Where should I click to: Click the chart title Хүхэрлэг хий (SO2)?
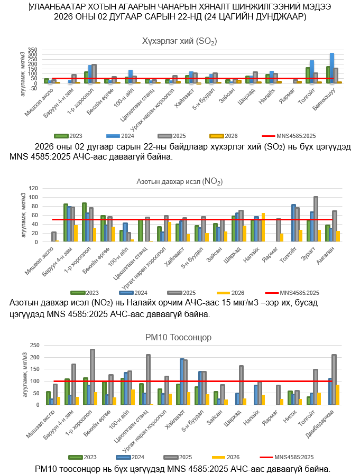coord(180,41)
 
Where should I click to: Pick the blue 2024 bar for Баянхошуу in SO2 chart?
coord(331,68)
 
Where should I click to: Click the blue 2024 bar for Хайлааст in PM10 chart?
coord(182,382)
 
